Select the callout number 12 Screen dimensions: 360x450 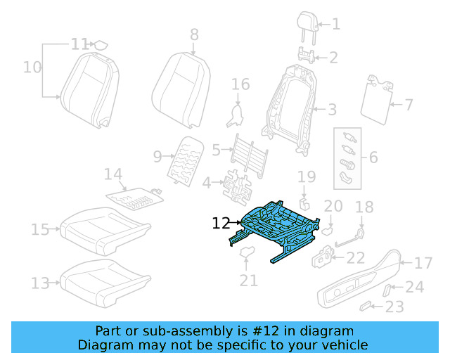(221, 224)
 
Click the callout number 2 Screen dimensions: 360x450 (334, 58)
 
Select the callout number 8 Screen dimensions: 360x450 (194, 34)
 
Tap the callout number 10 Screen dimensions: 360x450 (32, 67)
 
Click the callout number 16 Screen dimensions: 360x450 (240, 85)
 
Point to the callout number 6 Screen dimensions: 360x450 (373, 157)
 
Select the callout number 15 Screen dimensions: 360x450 (40, 229)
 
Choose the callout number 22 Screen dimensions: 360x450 (356, 259)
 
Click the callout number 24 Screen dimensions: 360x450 (415, 287)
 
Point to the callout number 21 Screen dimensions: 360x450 (248, 281)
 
